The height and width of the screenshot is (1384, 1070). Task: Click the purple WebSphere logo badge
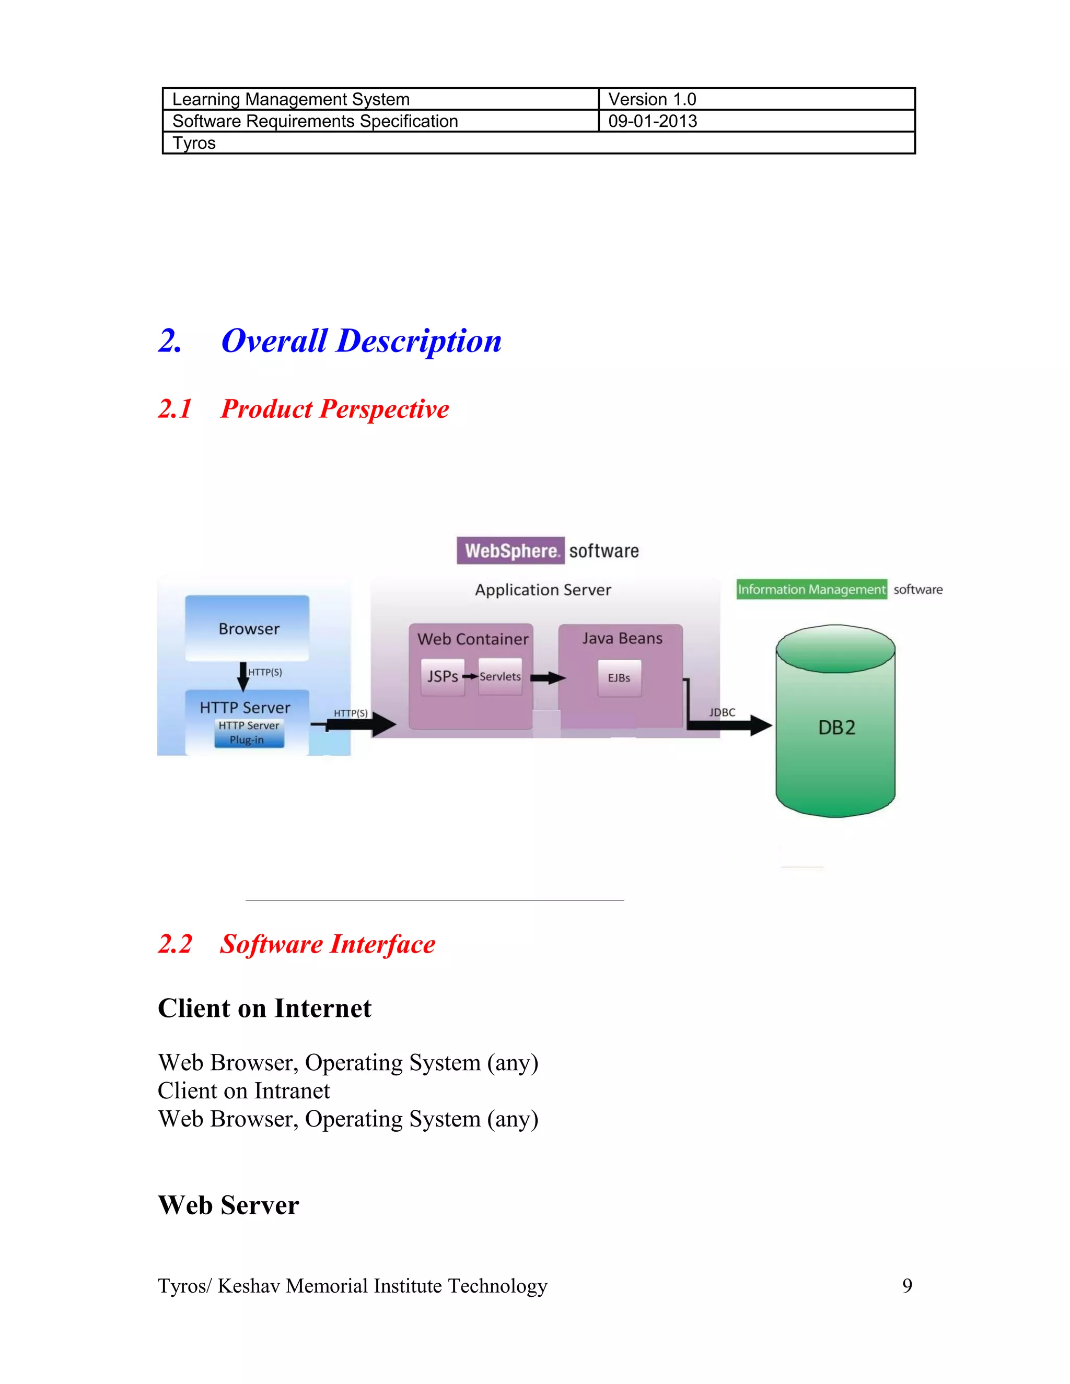511,550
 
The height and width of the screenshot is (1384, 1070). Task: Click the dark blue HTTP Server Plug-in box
249,733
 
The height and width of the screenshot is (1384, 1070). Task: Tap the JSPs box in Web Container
443,677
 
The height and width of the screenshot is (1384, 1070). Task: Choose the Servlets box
500,677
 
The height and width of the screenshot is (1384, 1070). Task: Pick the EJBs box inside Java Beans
619,678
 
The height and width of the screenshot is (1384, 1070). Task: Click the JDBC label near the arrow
722,712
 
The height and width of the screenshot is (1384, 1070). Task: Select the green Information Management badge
811,589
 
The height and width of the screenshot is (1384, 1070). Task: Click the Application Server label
543,590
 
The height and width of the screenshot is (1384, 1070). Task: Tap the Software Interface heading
327,944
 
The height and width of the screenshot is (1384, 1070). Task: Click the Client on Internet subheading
264,1008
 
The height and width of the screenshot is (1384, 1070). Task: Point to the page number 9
907,1286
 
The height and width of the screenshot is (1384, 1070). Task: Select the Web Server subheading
228,1205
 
